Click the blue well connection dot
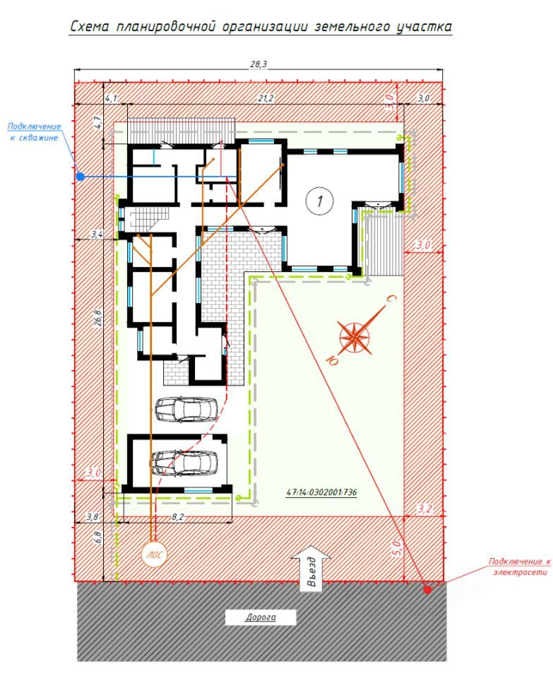pyautogui.click(x=80, y=177)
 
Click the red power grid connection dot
pyautogui.click(x=427, y=589)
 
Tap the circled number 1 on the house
pyautogui.click(x=320, y=201)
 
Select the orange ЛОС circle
pyautogui.click(x=153, y=554)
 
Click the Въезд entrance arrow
pyautogui.click(x=311, y=568)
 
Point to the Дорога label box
pyautogui.click(x=261, y=617)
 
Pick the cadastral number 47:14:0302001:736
pyautogui.click(x=321, y=492)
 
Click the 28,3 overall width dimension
pyautogui.click(x=258, y=64)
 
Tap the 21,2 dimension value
pyautogui.click(x=266, y=99)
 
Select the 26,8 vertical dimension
pyautogui.click(x=98, y=317)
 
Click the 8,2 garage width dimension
pyautogui.click(x=178, y=517)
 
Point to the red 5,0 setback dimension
pyautogui.click(x=398, y=548)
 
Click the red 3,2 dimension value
pyautogui.click(x=424, y=509)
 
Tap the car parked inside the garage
pyautogui.click(x=184, y=463)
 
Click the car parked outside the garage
pyautogui.click(x=186, y=409)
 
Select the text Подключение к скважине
pyautogui.click(x=34, y=132)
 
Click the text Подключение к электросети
pyautogui.click(x=520, y=566)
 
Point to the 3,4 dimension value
pyautogui.click(x=97, y=234)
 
